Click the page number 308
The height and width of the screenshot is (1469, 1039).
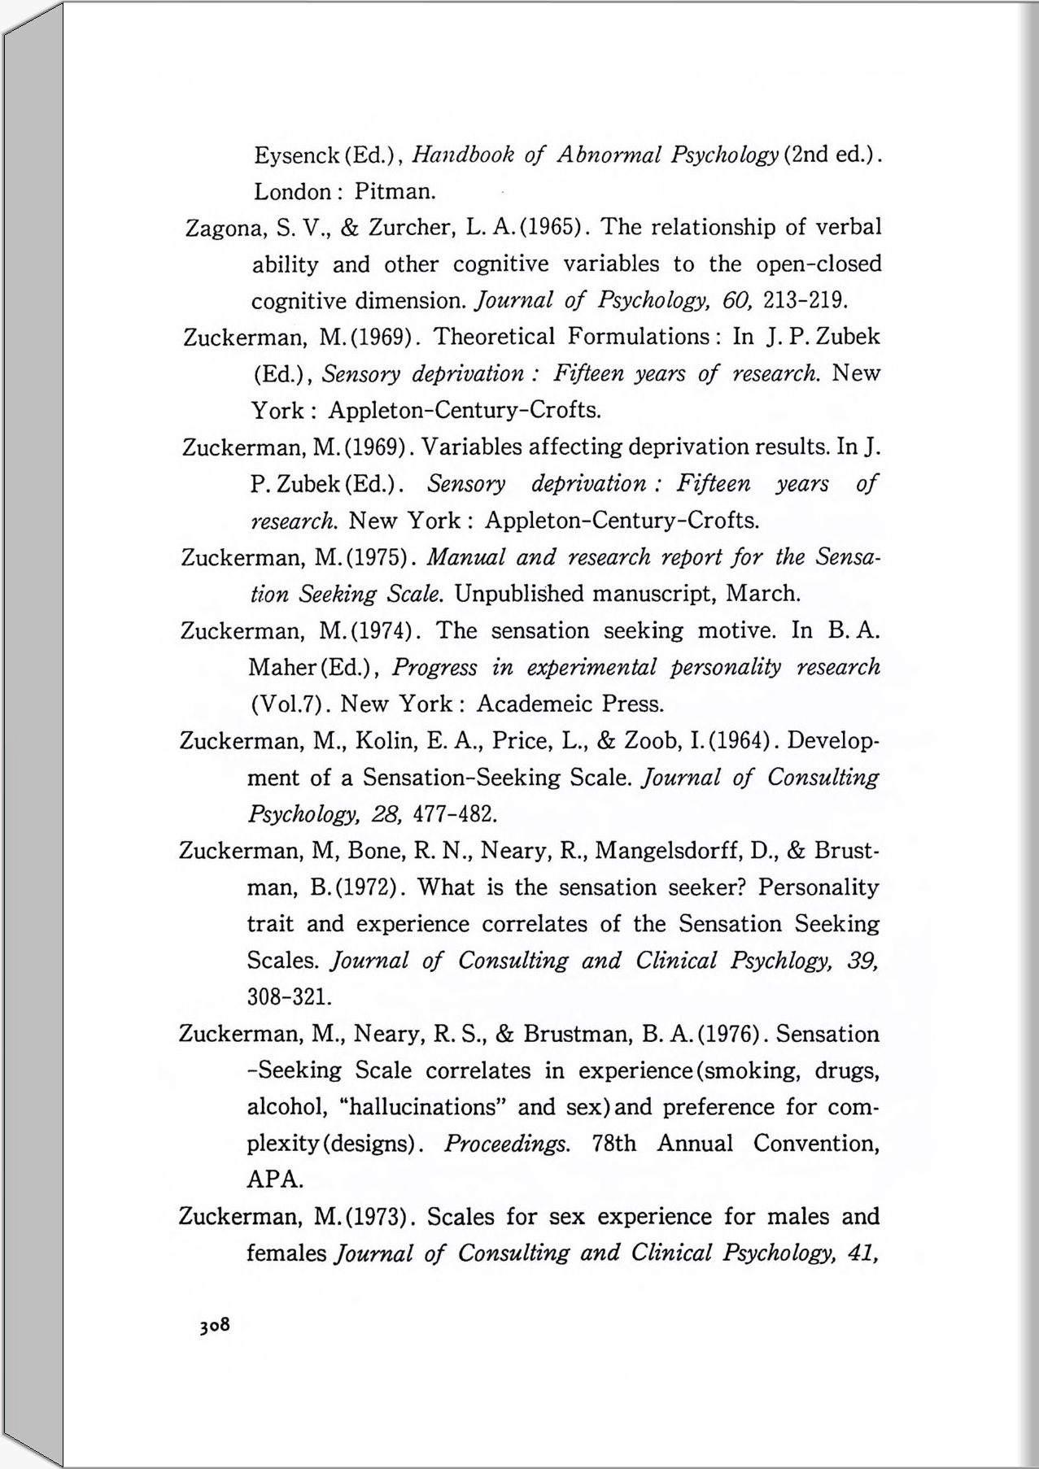click(x=215, y=1325)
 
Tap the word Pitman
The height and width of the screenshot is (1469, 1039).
click(x=395, y=192)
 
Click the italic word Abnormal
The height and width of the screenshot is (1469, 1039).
click(x=609, y=155)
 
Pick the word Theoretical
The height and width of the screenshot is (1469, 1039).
click(x=495, y=337)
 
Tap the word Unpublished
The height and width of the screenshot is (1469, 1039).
click(x=520, y=594)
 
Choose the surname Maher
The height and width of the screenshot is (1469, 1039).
click(x=282, y=668)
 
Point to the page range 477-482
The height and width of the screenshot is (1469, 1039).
click(x=455, y=813)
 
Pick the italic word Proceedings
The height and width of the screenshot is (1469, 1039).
click(x=507, y=1144)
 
